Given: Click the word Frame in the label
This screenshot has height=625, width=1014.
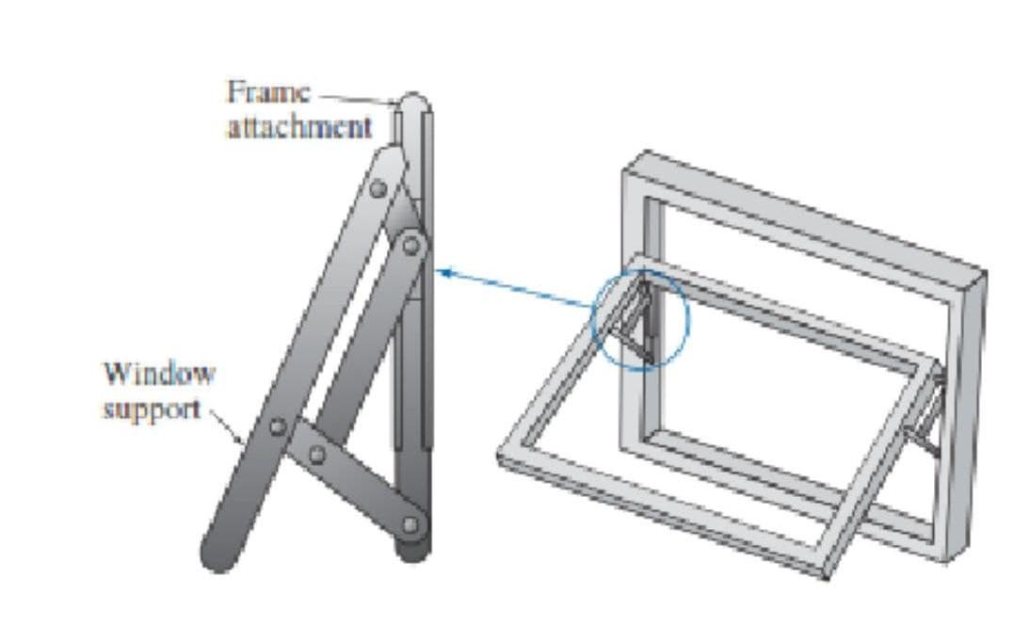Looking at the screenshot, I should (267, 93).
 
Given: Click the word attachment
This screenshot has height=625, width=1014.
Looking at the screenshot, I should (299, 127).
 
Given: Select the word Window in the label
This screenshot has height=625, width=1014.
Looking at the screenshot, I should (158, 373).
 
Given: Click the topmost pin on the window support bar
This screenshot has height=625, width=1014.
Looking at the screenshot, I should (378, 188).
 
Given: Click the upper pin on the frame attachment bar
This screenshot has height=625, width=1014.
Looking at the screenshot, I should (411, 245).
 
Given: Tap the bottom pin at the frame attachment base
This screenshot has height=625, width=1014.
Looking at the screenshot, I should (411, 524).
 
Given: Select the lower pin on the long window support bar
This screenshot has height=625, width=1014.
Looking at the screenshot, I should (277, 426).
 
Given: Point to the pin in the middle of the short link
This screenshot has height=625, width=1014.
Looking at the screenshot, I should (317, 456).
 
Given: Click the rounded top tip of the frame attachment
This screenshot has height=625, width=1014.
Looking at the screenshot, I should (412, 101).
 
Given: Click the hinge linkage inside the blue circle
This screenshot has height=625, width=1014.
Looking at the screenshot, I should (640, 320).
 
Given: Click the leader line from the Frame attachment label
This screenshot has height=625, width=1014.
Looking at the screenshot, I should (358, 97).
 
